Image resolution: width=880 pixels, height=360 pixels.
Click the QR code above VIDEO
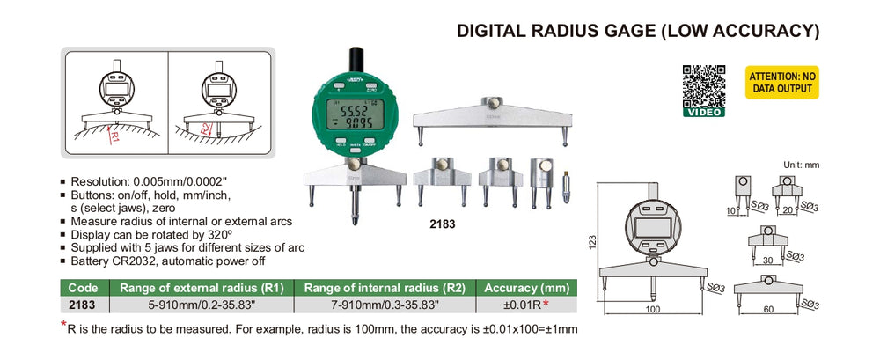(704, 84)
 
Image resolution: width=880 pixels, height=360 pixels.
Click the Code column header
(83, 287)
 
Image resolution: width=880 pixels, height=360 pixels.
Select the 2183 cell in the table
(83, 305)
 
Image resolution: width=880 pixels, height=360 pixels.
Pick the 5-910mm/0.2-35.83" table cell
(201, 305)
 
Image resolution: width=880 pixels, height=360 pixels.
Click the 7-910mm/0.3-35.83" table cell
(384, 305)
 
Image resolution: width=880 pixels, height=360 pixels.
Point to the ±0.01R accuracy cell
(525, 305)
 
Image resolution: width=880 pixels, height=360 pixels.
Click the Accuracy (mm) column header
(525, 287)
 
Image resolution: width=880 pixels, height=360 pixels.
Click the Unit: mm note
(801, 165)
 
